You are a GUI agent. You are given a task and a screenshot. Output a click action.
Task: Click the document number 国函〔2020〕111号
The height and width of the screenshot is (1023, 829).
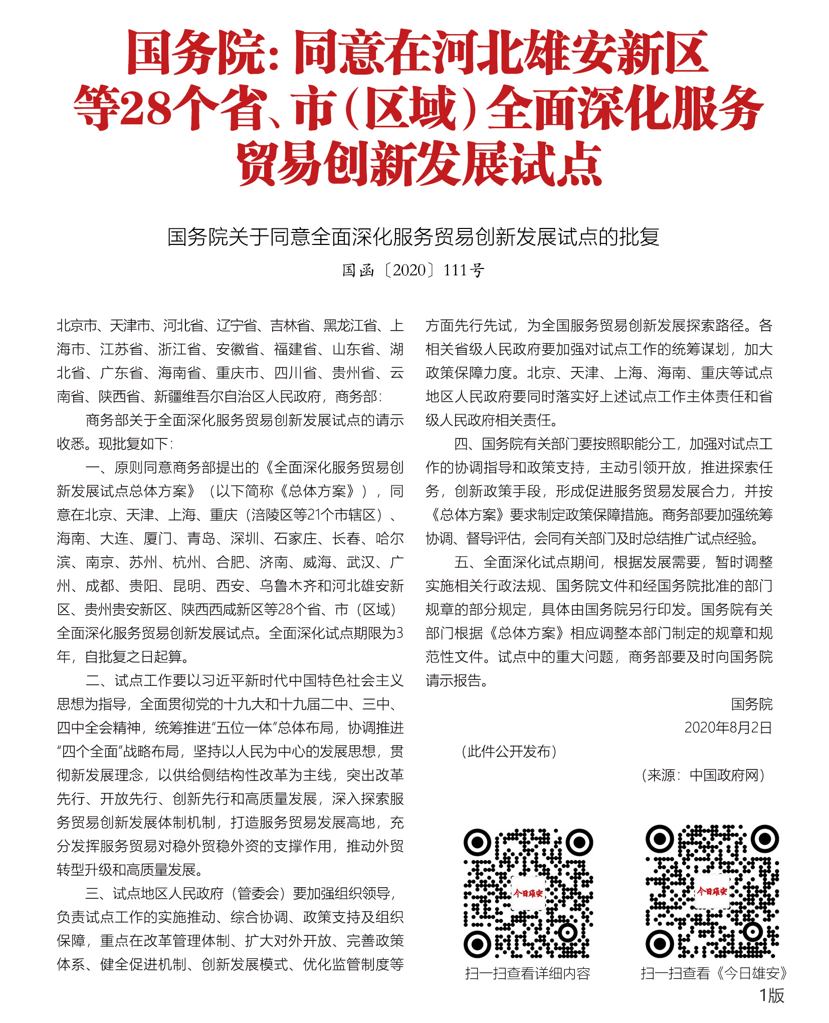pyautogui.click(x=413, y=271)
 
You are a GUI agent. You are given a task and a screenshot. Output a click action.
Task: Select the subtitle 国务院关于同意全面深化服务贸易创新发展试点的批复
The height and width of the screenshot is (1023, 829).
pyautogui.click(x=413, y=237)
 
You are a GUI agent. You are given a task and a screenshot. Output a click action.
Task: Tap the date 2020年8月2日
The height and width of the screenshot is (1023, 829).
pyautogui.click(x=728, y=727)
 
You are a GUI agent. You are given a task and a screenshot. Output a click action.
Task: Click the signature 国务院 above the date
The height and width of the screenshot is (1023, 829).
pyautogui.click(x=751, y=704)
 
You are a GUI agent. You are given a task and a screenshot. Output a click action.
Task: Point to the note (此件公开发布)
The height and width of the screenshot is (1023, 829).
pyautogui.click(x=509, y=751)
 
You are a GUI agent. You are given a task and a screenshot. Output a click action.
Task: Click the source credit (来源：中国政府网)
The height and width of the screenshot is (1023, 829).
pyautogui.click(x=703, y=775)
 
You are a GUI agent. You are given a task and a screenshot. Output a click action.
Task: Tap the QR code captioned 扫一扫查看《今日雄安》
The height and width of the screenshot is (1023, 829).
pyautogui.click(x=712, y=891)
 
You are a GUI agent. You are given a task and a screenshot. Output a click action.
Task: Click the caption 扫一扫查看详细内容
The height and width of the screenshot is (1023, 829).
pyautogui.click(x=528, y=973)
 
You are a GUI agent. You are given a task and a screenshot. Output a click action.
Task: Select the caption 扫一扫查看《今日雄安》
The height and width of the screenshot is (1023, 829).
pyautogui.click(x=714, y=973)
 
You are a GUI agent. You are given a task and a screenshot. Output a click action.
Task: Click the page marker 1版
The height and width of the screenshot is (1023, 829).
pyautogui.click(x=771, y=995)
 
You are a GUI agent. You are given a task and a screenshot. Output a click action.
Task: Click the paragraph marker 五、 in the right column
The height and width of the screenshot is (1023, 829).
pyautogui.click(x=468, y=562)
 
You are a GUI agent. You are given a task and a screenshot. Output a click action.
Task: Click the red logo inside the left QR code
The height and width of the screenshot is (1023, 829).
pyautogui.click(x=528, y=893)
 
